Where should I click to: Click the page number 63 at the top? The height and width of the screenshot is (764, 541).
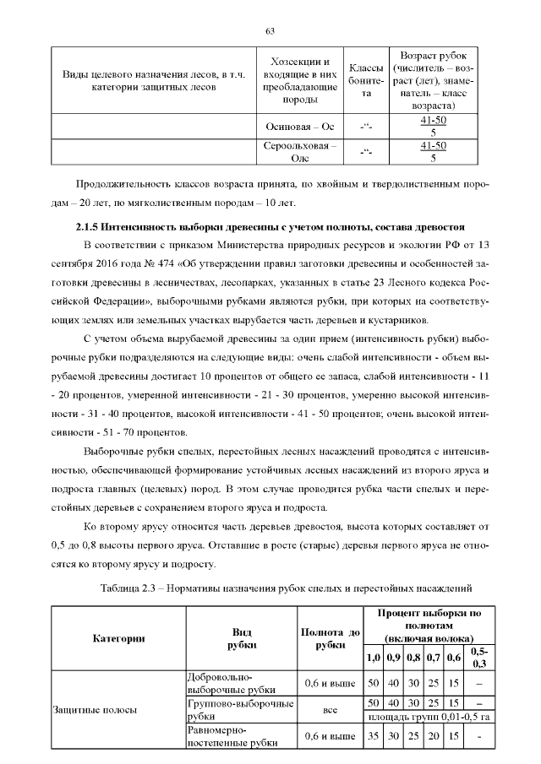(x=270, y=31)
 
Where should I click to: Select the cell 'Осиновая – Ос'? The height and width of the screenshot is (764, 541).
(x=299, y=127)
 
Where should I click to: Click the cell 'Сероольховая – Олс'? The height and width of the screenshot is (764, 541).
(x=299, y=151)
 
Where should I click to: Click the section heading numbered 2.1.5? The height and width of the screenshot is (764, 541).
(x=270, y=228)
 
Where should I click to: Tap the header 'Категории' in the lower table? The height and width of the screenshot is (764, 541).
(x=118, y=637)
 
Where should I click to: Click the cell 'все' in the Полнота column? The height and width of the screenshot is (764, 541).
(x=329, y=710)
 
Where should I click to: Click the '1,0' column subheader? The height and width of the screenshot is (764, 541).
(x=372, y=657)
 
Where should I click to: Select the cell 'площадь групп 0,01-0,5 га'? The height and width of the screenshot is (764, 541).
(x=428, y=717)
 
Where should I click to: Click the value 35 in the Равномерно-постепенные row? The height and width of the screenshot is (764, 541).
(x=372, y=736)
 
